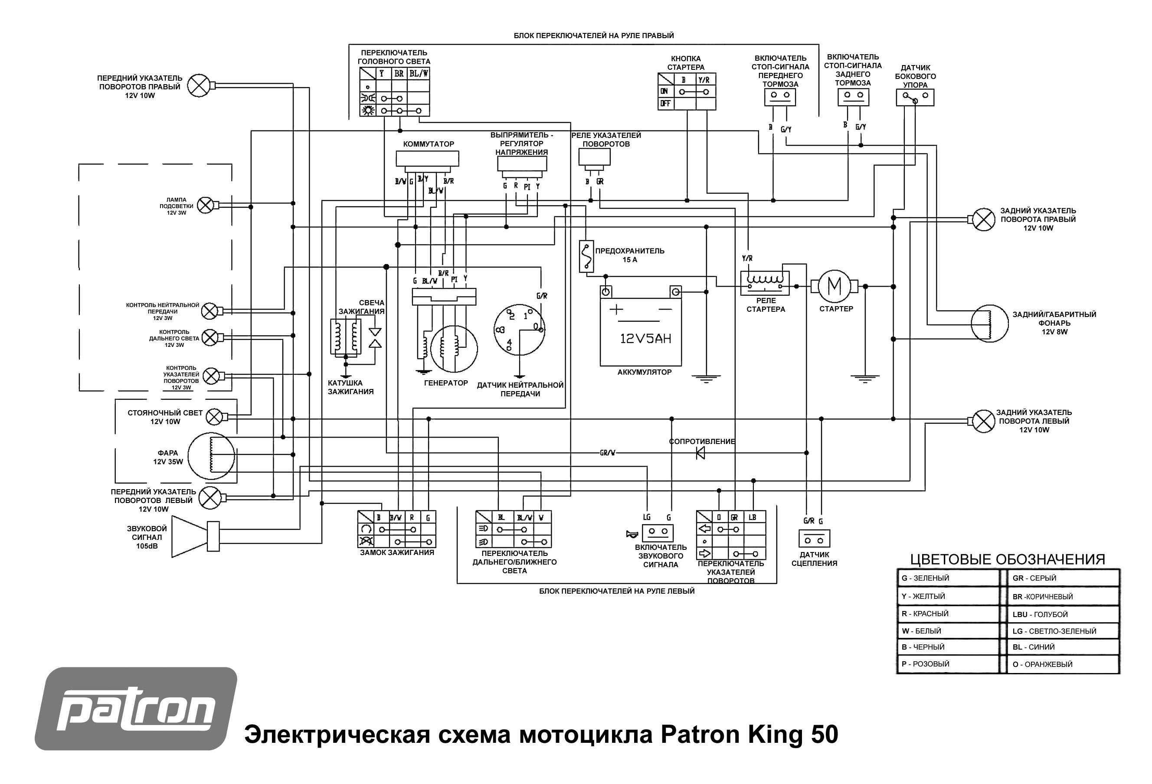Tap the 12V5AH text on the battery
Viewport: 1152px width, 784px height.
645,339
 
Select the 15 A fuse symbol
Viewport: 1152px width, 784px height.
586,256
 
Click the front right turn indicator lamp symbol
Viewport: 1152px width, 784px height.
200,86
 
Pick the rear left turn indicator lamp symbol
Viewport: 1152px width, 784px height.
983,421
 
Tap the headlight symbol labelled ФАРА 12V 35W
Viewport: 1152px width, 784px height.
211,456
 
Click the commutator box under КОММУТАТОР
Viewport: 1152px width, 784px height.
427,159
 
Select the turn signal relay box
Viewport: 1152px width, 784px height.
594,157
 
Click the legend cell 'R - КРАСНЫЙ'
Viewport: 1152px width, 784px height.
947,614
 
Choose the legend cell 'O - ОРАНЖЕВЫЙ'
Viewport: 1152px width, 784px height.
1062,664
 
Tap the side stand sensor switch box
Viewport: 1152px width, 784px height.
915,98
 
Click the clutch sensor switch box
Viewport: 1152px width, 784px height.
814,539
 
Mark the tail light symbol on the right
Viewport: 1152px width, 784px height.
989,323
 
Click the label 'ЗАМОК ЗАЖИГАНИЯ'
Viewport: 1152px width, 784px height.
396,552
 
